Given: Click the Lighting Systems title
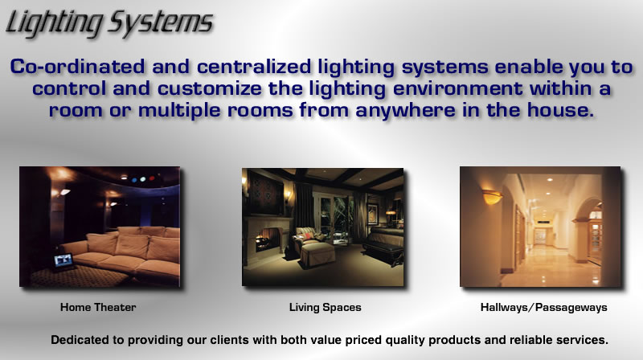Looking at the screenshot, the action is click(x=109, y=24).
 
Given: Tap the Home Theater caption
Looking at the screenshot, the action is click(x=98, y=307).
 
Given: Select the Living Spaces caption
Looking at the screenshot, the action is click(x=326, y=308).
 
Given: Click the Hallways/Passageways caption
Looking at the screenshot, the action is click(x=544, y=308).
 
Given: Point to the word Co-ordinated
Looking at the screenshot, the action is click(x=77, y=67).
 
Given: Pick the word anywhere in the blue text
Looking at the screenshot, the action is click(x=406, y=111).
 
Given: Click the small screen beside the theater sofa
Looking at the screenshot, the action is click(x=63, y=261).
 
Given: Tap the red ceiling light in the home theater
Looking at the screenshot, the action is click(x=152, y=178).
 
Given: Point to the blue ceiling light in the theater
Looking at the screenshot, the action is click(x=134, y=179).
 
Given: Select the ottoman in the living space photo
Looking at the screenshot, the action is click(x=317, y=254).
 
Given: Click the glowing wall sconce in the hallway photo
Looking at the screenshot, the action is click(x=492, y=197).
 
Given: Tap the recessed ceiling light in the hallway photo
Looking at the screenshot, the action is click(x=550, y=179).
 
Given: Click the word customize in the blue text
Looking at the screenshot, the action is click(x=210, y=88).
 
